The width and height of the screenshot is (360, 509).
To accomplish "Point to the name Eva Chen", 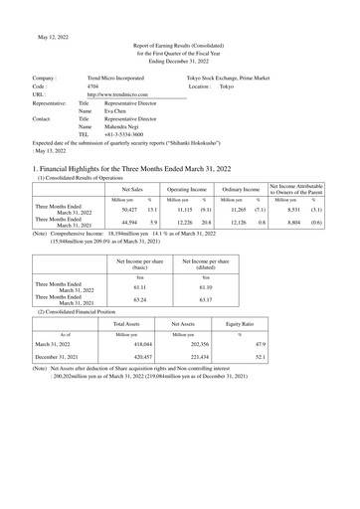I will click(x=117, y=111).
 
